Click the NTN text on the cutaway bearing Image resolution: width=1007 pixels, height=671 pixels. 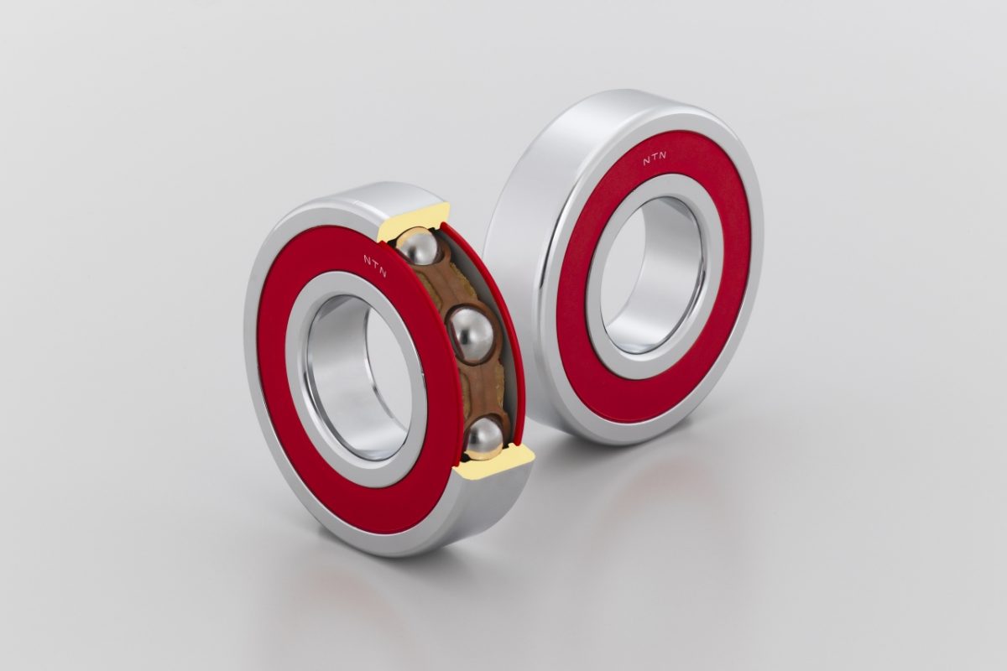pos(375,266)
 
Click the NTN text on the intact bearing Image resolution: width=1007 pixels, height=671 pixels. pos(655,159)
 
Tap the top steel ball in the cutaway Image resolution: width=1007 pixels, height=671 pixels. pos(418,247)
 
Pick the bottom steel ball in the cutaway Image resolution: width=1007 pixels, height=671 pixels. pos(483,439)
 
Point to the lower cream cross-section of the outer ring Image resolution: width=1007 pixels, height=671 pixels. pos(494,463)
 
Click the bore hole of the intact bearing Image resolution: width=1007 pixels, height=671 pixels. pos(652,274)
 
